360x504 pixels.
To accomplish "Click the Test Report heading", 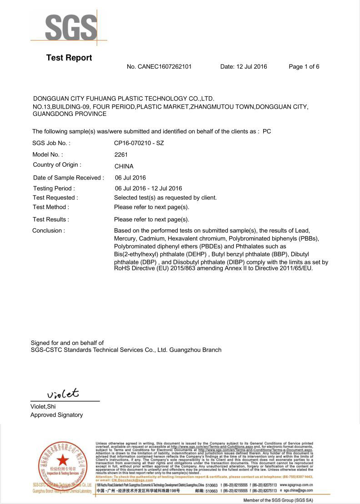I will click(x=69, y=58).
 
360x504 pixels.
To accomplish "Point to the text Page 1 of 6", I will click(x=304, y=67).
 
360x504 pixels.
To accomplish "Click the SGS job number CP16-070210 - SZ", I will click(x=139, y=143).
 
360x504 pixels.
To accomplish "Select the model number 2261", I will click(x=121, y=155).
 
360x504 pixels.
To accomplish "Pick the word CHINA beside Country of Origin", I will click(x=124, y=166).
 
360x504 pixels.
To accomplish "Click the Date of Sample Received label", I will click(x=69, y=178).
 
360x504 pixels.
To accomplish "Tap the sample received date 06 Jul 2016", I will click(x=130, y=178).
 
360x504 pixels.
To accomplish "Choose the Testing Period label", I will click(x=54, y=188).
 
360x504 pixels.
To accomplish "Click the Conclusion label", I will click(x=49, y=230).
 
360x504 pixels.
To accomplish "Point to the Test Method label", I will click(x=51, y=207).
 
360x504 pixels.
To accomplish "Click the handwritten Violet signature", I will click(x=63, y=393).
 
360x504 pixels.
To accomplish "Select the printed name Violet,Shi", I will click(x=43, y=407).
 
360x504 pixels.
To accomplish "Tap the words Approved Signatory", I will click(x=57, y=415).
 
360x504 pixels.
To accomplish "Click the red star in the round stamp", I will click(x=62, y=460).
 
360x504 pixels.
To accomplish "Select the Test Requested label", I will click(x=55, y=198).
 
